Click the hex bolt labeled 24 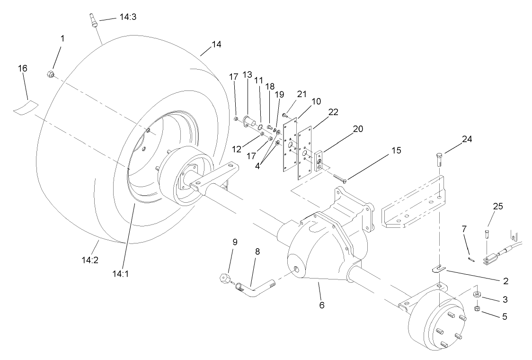click(438, 159)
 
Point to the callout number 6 click(322, 306)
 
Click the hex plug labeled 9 click(224, 277)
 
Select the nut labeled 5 click(477, 308)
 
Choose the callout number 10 click(316, 101)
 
